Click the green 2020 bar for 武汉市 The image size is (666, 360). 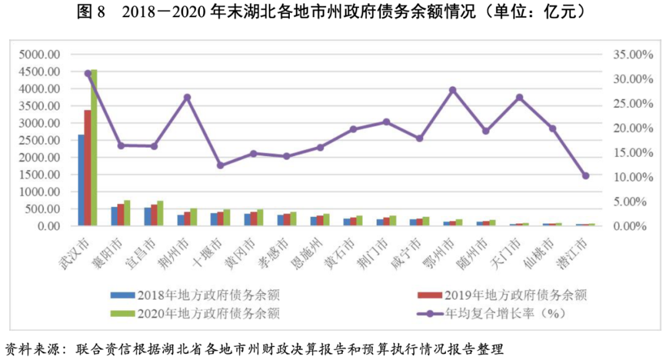[94, 148]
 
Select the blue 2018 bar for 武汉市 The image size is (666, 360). [81, 180]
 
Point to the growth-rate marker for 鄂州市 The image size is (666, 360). [452, 90]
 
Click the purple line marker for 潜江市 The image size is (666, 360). [585, 176]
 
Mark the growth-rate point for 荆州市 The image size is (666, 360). [187, 97]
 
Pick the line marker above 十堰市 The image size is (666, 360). [221, 165]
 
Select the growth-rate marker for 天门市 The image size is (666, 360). [519, 97]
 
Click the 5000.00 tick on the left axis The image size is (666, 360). [39, 54]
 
